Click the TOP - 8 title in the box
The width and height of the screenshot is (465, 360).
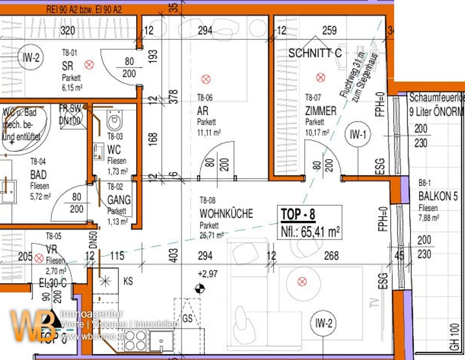click(298, 215)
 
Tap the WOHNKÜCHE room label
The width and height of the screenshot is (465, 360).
click(226, 214)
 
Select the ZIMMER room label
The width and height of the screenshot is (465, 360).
click(320, 111)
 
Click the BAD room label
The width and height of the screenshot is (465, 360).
click(38, 175)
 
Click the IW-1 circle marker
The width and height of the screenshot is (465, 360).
click(358, 134)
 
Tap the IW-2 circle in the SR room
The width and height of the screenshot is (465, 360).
click(31, 57)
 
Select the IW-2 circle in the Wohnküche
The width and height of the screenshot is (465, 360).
click(323, 323)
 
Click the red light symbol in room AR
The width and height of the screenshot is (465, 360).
click(206, 79)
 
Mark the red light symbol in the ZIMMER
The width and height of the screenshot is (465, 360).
click(320, 78)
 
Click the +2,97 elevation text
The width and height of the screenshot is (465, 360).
click(207, 274)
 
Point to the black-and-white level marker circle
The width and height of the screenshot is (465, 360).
click(200, 289)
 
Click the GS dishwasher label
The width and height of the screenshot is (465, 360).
click(187, 318)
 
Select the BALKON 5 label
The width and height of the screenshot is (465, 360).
click(438, 196)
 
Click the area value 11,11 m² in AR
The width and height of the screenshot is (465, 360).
click(209, 132)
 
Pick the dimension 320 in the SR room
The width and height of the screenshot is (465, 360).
click(68, 31)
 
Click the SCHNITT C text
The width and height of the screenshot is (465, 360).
click(315, 53)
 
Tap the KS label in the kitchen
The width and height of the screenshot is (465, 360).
click(128, 281)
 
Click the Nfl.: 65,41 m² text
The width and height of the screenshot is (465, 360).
click(310, 232)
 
